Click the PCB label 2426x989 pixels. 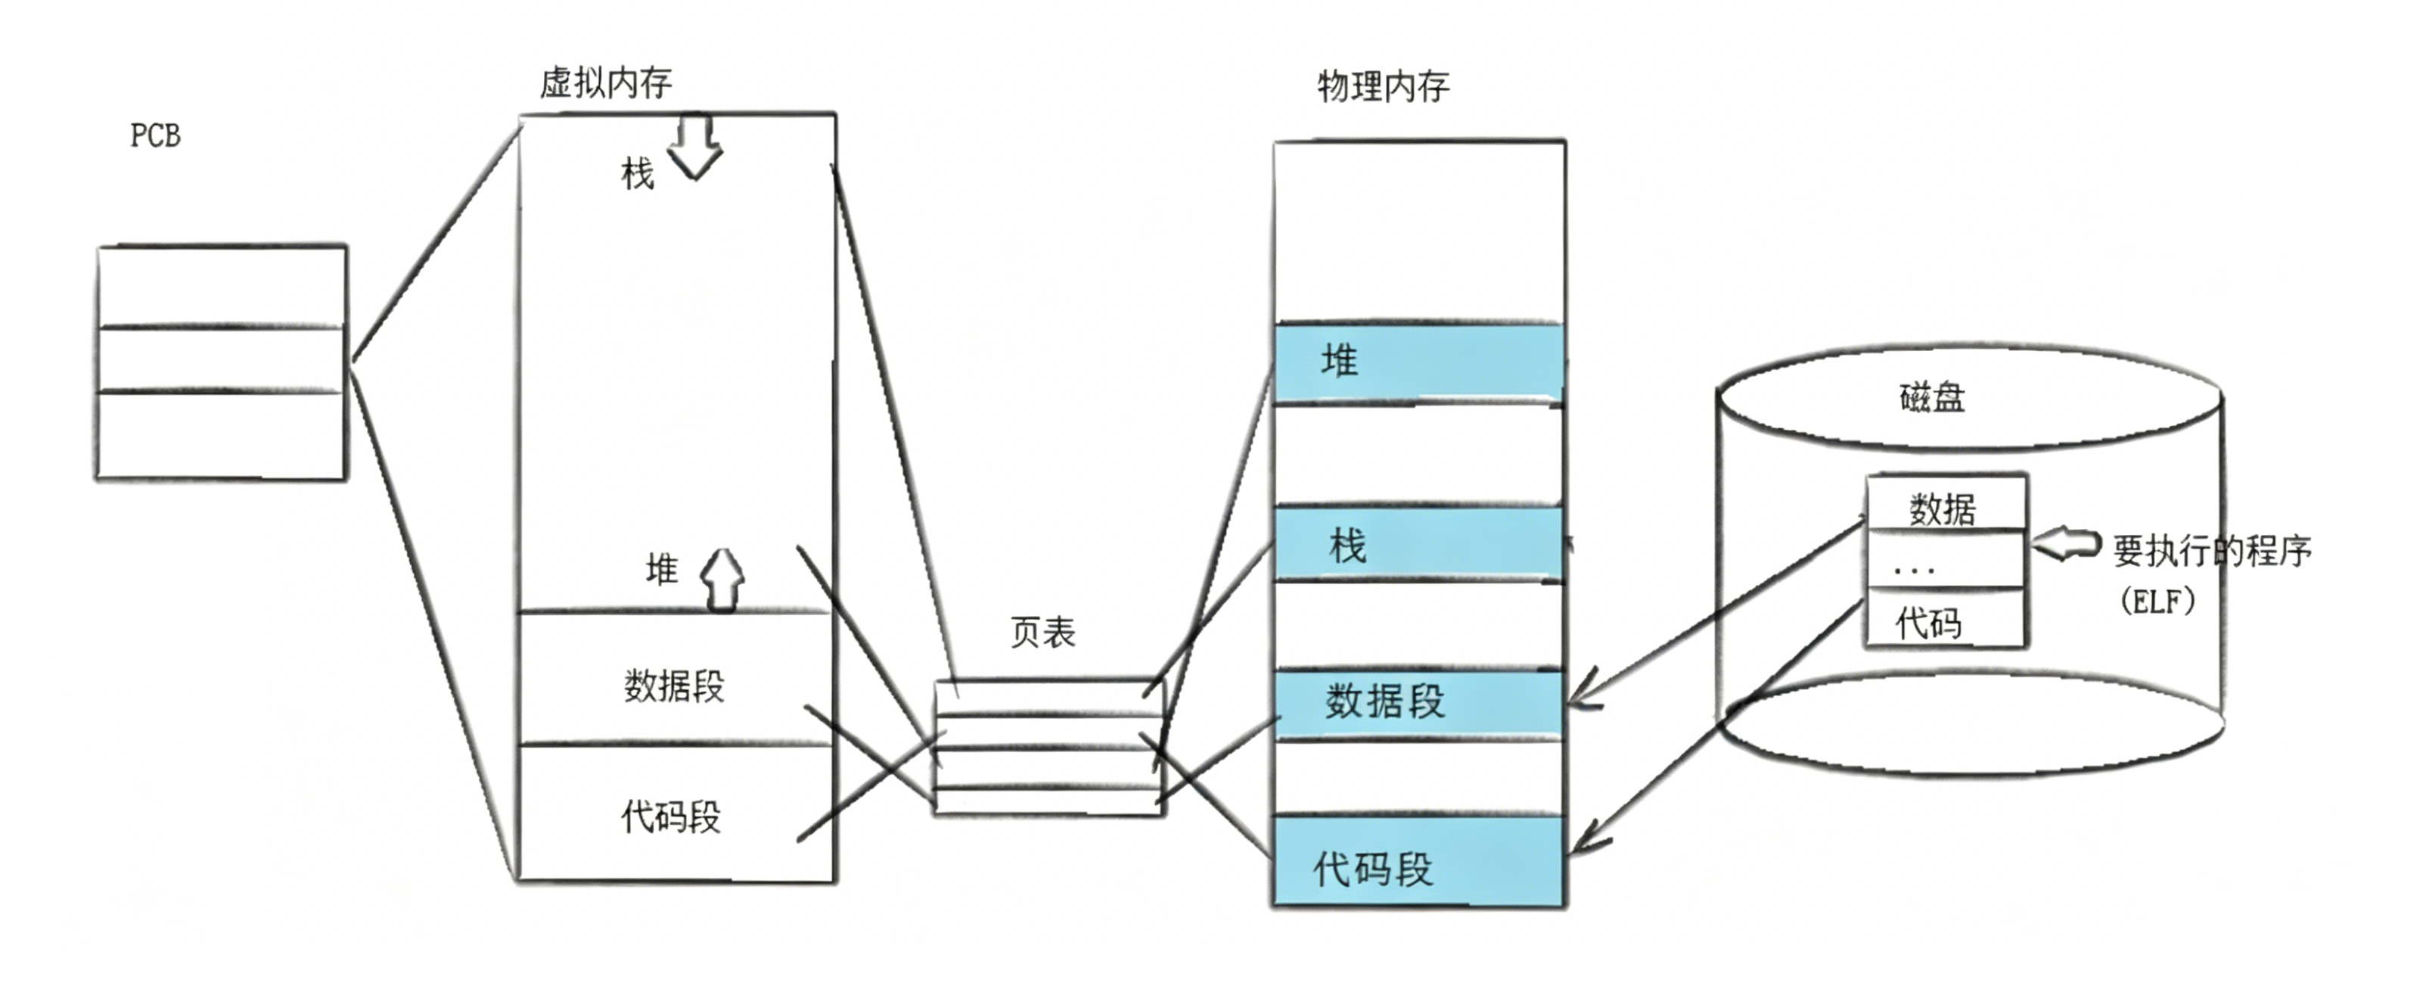[155, 135]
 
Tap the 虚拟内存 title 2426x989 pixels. [606, 83]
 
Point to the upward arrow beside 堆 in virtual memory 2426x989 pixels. [722, 580]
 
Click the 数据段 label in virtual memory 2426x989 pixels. [674, 686]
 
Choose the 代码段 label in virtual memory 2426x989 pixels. [670, 816]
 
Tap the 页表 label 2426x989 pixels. [1042, 632]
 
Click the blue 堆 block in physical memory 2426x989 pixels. [1418, 362]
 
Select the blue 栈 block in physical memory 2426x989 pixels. [1418, 544]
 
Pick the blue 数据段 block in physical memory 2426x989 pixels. [1418, 703]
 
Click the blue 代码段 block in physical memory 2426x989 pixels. [1418, 863]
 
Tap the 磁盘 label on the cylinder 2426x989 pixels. [1931, 397]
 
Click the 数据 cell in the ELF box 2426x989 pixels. [1944, 508]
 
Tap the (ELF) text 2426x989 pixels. [2157, 601]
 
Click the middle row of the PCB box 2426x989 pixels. [222, 359]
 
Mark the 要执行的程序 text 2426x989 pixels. [2212, 550]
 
